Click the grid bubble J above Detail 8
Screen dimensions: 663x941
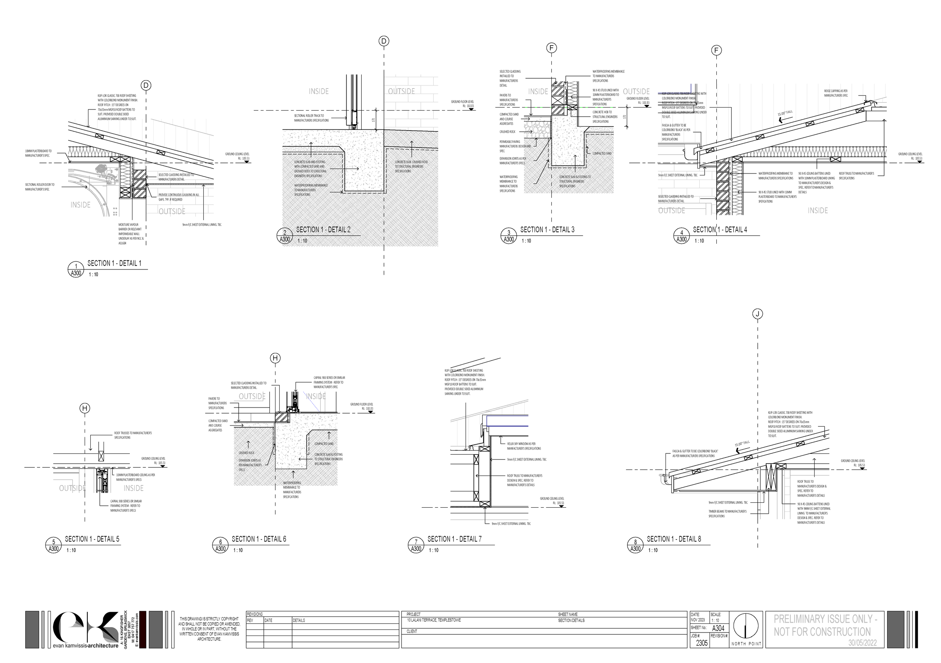(x=757, y=314)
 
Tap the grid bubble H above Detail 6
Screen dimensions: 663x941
(x=275, y=358)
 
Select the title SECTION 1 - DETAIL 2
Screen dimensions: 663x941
(x=323, y=230)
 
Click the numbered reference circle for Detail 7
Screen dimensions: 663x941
(x=416, y=545)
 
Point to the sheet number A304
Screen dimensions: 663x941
(x=718, y=628)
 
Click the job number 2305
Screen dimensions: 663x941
(x=702, y=643)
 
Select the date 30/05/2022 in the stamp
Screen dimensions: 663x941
(x=862, y=643)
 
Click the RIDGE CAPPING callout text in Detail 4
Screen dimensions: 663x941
(x=836, y=93)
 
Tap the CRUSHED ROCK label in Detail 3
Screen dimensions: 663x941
(x=507, y=132)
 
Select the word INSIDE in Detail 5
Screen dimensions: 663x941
(x=134, y=488)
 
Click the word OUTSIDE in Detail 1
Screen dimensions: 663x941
(x=172, y=211)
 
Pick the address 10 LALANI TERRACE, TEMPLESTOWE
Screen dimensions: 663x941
(x=434, y=620)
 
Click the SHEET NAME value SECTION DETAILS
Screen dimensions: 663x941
(x=571, y=620)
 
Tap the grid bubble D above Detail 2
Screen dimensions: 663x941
(x=384, y=41)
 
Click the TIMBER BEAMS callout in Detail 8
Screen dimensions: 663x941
(x=727, y=514)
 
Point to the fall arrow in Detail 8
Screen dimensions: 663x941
(x=740, y=450)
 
